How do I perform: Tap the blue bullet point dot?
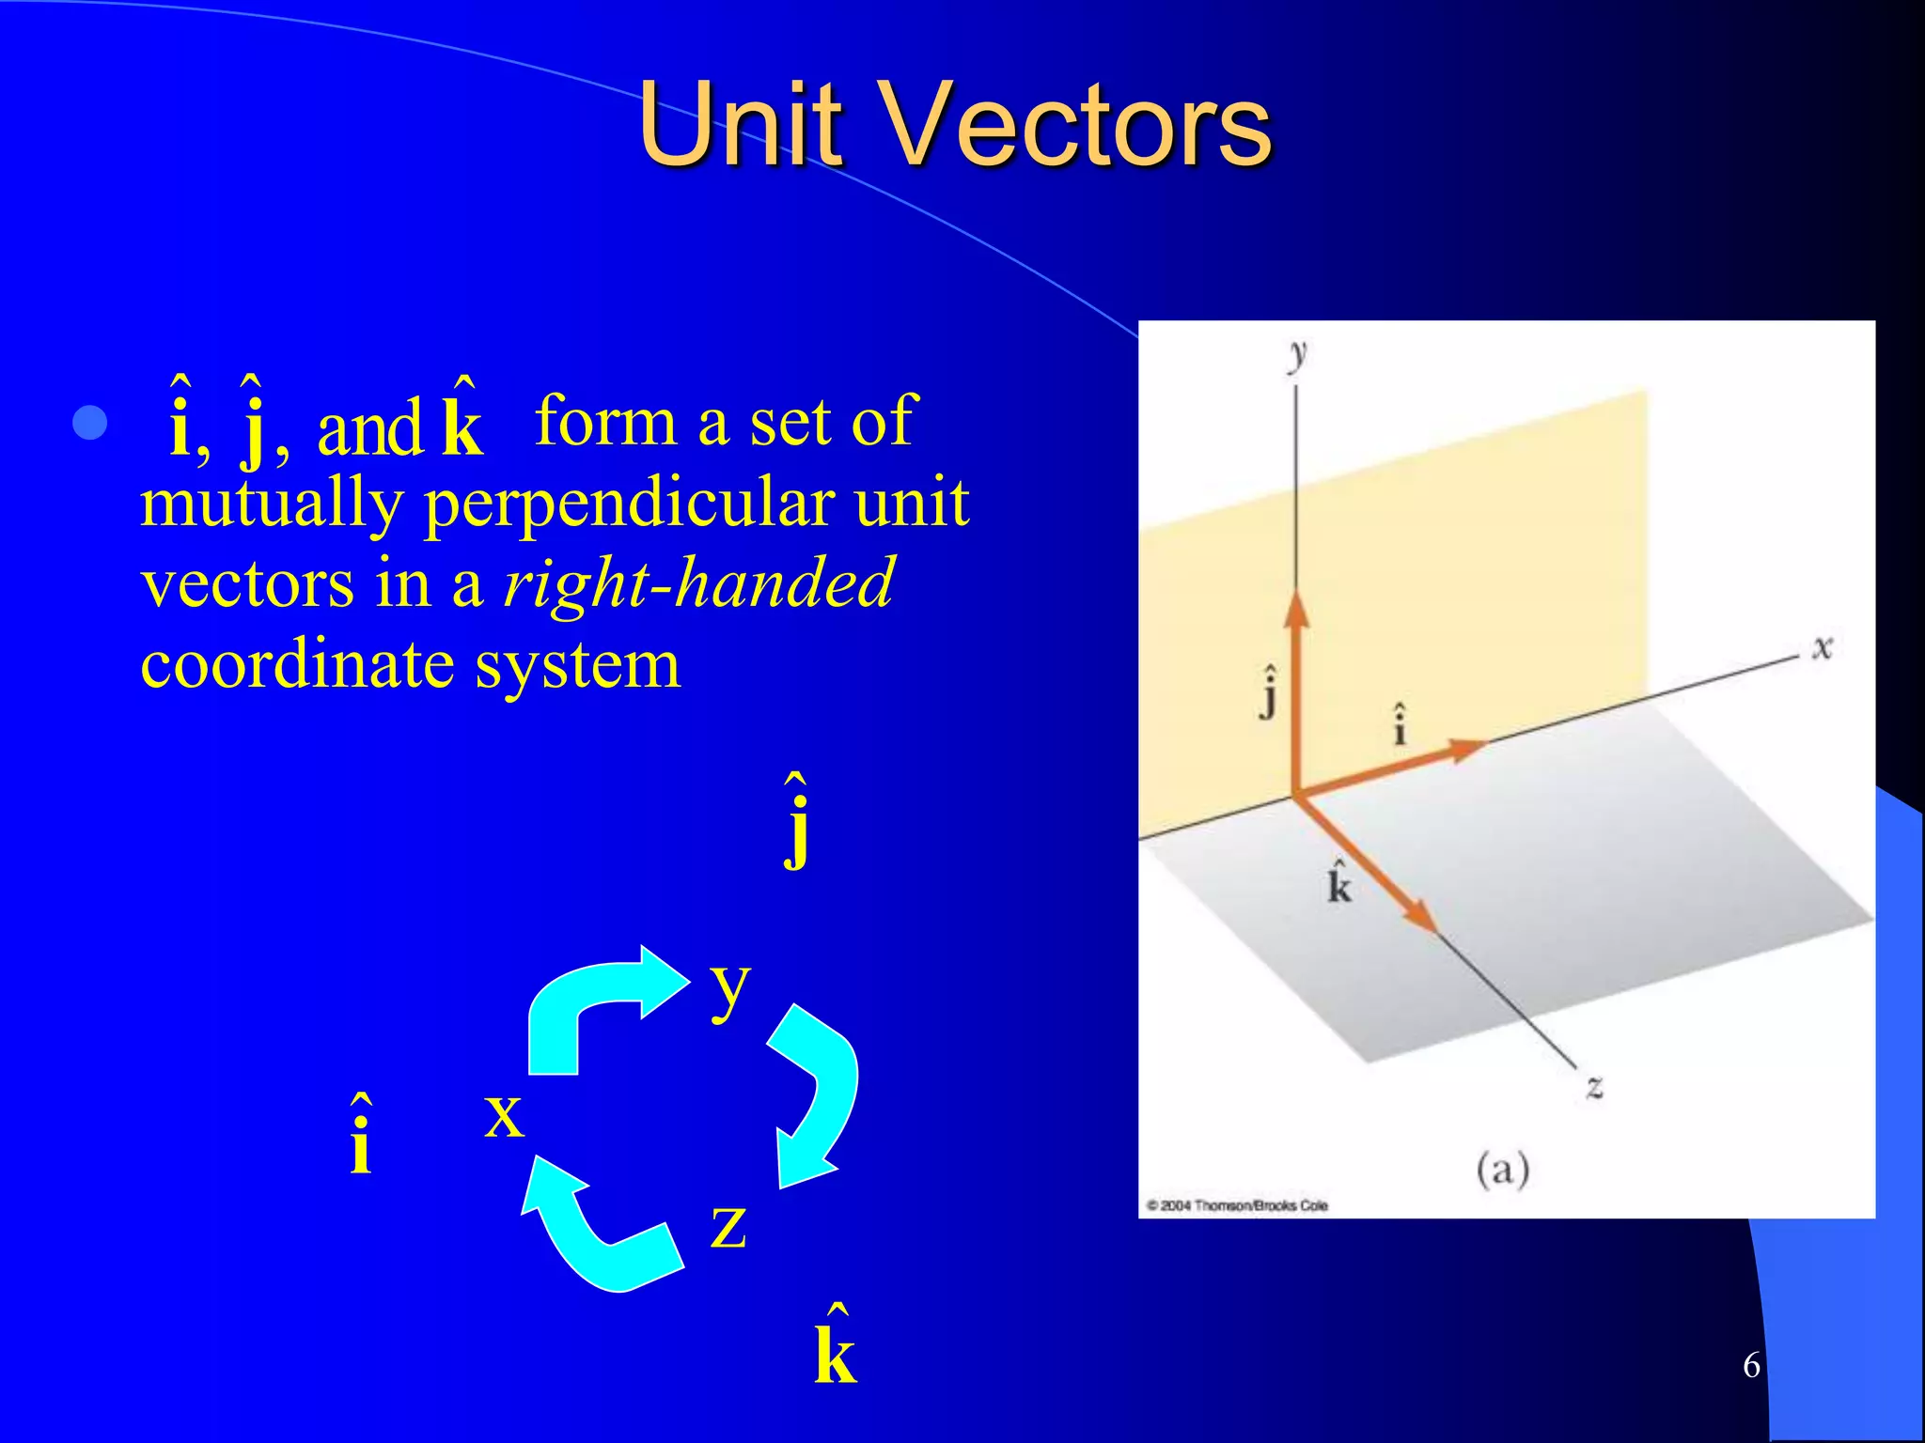point(90,424)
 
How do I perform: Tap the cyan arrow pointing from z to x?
point(596,1231)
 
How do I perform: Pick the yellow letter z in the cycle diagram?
point(728,1226)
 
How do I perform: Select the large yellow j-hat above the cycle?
point(796,822)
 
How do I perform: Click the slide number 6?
point(1751,1365)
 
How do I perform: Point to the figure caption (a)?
point(1502,1170)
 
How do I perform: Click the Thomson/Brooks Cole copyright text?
point(1237,1205)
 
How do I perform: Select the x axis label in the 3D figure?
point(1823,647)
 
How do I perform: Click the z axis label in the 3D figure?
point(1594,1087)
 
